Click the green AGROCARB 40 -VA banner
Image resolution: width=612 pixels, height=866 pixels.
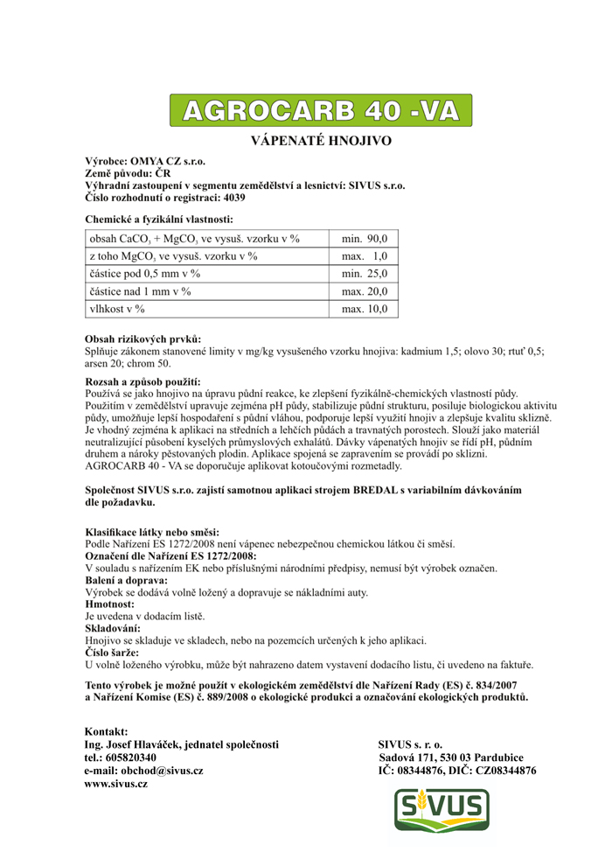tap(321, 111)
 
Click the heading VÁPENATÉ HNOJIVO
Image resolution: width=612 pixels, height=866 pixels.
tap(321, 140)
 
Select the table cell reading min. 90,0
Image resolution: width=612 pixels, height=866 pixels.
tap(365, 238)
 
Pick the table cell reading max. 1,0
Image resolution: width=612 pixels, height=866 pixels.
tap(365, 255)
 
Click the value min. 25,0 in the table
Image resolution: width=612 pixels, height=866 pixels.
tap(365, 274)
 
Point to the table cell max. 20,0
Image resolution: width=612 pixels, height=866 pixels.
tap(365, 291)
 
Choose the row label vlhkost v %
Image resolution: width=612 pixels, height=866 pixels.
tap(117, 309)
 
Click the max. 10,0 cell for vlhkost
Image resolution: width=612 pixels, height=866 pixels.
tap(365, 309)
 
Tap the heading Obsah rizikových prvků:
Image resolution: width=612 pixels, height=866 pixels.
tap(143, 339)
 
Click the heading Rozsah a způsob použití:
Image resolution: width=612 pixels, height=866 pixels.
tap(143, 382)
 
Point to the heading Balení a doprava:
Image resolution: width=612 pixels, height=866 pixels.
tap(126, 580)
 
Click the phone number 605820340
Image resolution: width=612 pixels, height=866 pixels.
tap(130, 757)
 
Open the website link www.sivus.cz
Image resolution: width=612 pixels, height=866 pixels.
tap(116, 785)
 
